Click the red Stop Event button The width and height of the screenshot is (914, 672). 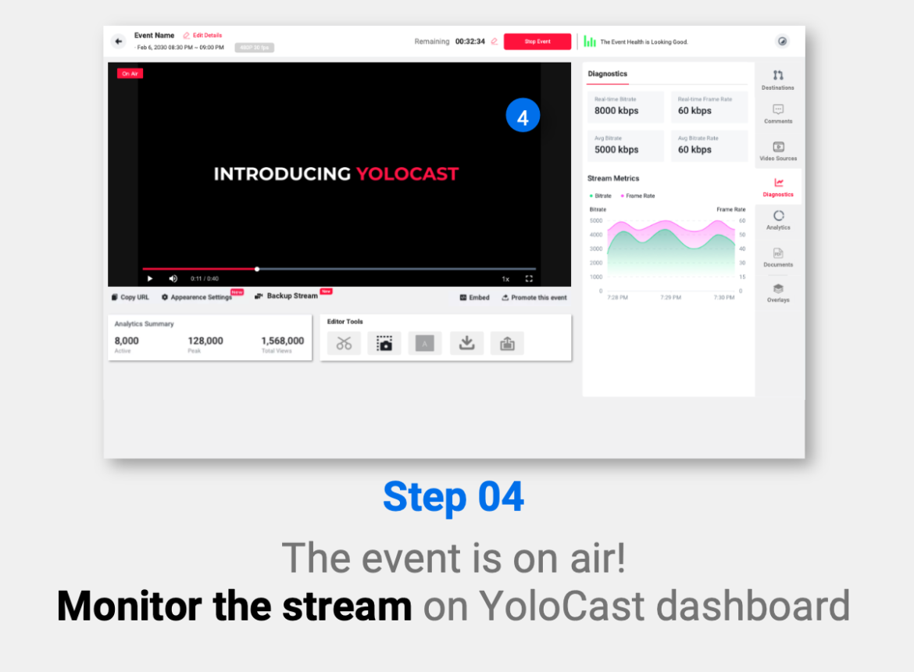point(537,41)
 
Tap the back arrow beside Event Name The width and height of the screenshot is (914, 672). point(119,41)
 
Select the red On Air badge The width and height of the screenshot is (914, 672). point(130,73)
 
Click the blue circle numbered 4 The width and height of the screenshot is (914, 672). point(523,116)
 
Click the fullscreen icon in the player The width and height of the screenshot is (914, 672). point(529,279)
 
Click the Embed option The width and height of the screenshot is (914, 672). point(475,298)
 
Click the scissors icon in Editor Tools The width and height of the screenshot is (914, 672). point(344,343)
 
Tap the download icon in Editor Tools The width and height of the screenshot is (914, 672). point(466,343)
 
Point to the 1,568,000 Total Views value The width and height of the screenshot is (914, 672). point(282,341)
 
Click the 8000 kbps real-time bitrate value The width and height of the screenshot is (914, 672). point(616,111)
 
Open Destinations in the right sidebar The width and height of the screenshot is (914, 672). point(777,80)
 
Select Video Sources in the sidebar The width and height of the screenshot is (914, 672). point(778,151)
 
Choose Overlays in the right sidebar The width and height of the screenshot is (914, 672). point(778,293)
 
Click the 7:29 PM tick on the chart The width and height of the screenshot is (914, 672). point(671,298)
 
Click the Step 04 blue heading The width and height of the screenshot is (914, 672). point(454,497)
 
